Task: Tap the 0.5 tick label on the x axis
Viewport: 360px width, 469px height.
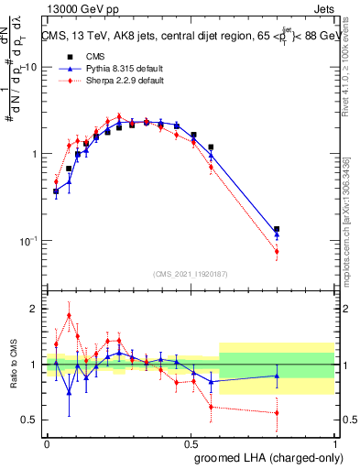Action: point(190,442)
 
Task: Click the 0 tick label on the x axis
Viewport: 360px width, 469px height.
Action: point(47,442)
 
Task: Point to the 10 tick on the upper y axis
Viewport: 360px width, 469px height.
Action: point(30,68)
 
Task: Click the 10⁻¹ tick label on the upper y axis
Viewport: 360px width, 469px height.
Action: point(27,241)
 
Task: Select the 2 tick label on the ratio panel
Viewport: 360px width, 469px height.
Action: point(33,309)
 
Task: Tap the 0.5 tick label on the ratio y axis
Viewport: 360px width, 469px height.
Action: point(27,420)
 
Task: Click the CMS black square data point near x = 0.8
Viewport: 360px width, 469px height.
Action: point(277,230)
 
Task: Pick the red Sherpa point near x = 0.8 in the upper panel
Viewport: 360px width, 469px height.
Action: point(277,251)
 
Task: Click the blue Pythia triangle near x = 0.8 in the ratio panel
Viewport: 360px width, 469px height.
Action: point(277,375)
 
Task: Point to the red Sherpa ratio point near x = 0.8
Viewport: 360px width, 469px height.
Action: point(277,413)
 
